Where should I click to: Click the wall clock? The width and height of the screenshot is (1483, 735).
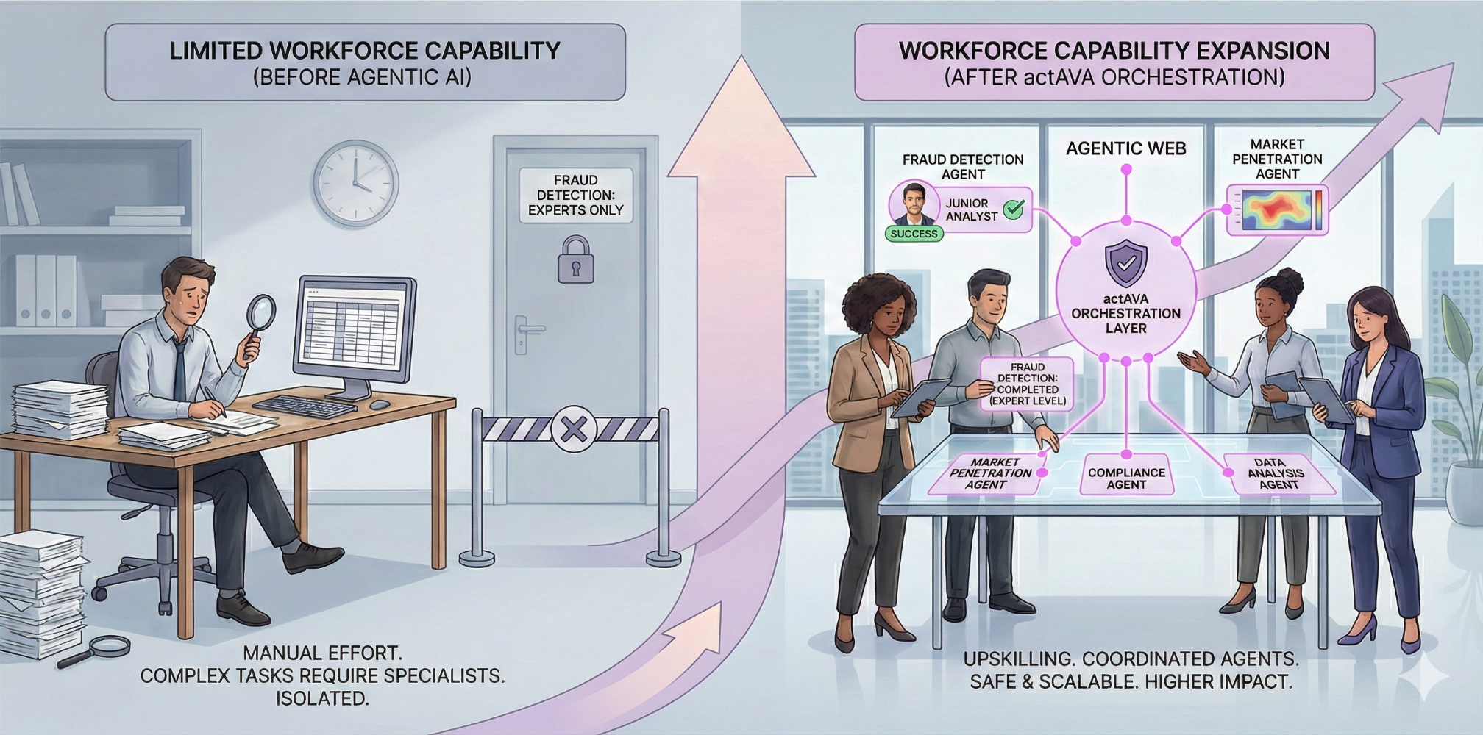[x=355, y=183]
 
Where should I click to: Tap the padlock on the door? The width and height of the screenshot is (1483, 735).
[x=575, y=261]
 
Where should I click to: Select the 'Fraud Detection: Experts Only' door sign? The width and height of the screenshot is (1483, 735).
[x=575, y=196]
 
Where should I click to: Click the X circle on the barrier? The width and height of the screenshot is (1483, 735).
[x=573, y=429]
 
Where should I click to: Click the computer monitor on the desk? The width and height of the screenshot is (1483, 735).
[x=355, y=328]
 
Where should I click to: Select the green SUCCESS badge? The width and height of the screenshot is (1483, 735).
[x=914, y=234]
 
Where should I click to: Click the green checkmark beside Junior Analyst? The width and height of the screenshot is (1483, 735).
[x=1014, y=209]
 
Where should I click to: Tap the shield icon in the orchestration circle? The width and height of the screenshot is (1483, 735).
[x=1125, y=262]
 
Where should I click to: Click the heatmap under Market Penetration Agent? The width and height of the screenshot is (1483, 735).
[x=1277, y=210]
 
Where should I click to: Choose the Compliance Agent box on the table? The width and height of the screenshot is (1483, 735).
[x=1126, y=478]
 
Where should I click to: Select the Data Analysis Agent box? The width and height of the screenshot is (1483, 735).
[x=1278, y=474]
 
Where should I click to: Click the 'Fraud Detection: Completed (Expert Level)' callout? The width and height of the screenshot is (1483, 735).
[x=1027, y=384]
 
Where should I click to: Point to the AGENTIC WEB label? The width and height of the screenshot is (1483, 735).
[x=1125, y=149]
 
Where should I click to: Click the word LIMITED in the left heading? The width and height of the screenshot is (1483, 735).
[x=216, y=51]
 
